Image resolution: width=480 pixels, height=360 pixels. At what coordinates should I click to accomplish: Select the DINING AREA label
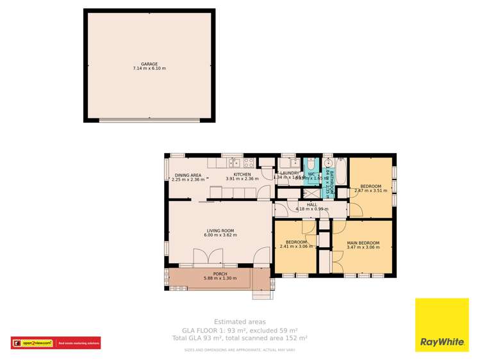pyautogui.click(x=188, y=175)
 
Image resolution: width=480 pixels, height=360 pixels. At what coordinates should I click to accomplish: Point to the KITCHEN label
pyautogui.click(x=242, y=174)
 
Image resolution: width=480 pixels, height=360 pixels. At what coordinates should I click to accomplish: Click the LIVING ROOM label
pyautogui.click(x=220, y=231)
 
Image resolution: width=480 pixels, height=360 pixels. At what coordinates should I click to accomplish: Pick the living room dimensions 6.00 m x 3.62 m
pyautogui.click(x=220, y=235)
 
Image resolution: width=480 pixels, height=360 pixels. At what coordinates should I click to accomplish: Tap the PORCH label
pyautogui.click(x=211, y=274)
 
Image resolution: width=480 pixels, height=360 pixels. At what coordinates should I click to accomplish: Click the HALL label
pyautogui.click(x=311, y=204)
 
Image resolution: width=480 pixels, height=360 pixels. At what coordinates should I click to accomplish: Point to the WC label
pyautogui.click(x=311, y=173)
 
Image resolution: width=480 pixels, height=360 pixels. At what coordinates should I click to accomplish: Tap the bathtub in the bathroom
pyautogui.click(x=340, y=171)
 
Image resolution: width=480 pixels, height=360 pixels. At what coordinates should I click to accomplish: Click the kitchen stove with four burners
pyautogui.click(x=249, y=163)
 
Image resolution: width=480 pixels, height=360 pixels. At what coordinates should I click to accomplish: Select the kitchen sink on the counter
pyautogui.click(x=231, y=163)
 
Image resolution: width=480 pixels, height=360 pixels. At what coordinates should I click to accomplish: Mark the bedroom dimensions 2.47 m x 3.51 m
pyautogui.click(x=372, y=190)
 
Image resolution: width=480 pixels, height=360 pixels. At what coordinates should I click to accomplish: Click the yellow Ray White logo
pyautogui.click(x=442, y=325)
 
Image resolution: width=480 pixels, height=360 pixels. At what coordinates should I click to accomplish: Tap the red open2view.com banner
pyautogui.click(x=56, y=343)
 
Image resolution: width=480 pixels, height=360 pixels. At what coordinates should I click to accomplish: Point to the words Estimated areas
pyautogui.click(x=240, y=322)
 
